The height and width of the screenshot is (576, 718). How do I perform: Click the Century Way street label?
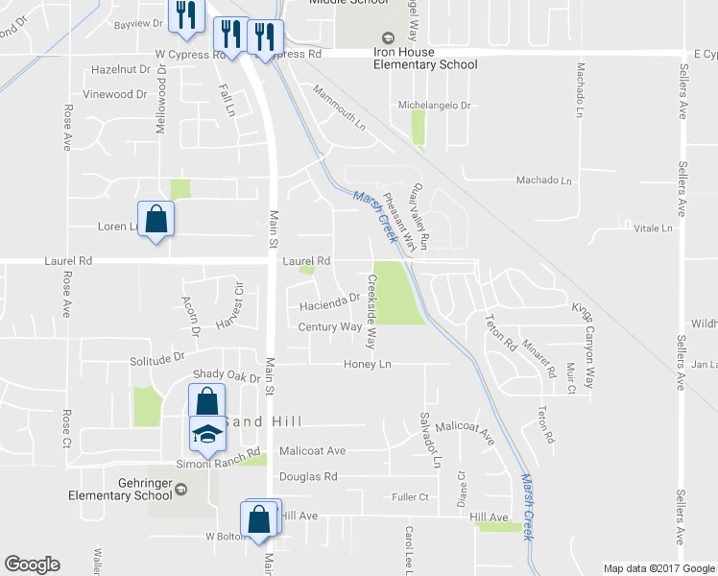point(329,327)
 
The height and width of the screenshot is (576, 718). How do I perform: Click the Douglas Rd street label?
point(308,476)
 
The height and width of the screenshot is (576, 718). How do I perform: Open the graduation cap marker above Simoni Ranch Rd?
point(206,435)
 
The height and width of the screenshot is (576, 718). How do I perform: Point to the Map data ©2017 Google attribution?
point(658,568)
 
